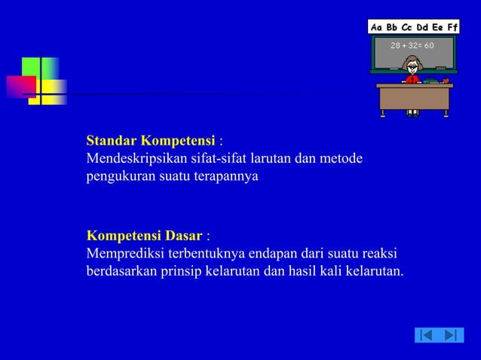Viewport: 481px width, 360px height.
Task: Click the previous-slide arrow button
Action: [x=426, y=334]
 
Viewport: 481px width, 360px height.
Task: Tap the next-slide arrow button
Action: [x=451, y=334]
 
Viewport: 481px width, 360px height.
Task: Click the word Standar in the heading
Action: [x=111, y=141]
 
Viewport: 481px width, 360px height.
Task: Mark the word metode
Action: [x=342, y=159]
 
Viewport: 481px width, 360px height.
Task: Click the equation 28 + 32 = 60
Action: [x=412, y=45]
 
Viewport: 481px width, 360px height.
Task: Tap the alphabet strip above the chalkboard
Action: [x=413, y=27]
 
